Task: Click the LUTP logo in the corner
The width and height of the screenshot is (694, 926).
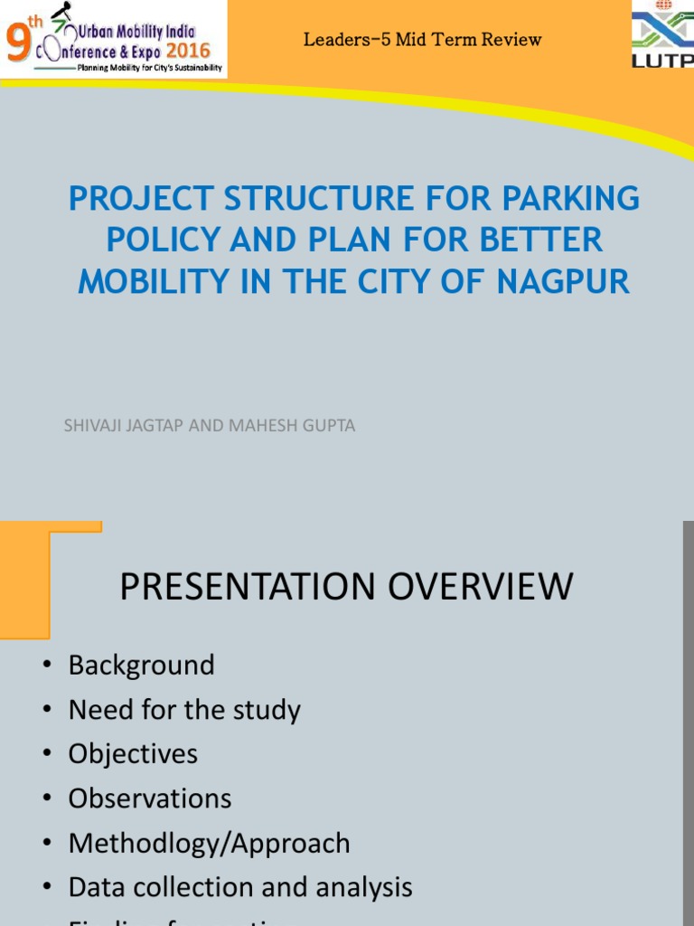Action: coord(664,36)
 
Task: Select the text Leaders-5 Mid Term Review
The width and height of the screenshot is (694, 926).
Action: coord(422,40)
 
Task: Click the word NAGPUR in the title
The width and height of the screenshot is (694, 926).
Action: coord(563,282)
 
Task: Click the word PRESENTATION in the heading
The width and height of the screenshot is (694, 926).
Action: coord(249,587)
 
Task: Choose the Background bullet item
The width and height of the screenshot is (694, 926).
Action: coord(141,666)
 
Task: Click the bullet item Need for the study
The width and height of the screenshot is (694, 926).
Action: coord(184,710)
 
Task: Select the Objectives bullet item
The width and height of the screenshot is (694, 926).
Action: coord(133,754)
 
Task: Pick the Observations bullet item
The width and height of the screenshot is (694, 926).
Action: coord(150,798)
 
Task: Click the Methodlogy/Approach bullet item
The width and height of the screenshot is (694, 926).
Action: coord(209,843)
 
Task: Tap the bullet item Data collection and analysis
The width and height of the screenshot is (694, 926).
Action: coord(240,887)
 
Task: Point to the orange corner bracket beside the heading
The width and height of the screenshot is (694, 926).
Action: coord(36,561)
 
